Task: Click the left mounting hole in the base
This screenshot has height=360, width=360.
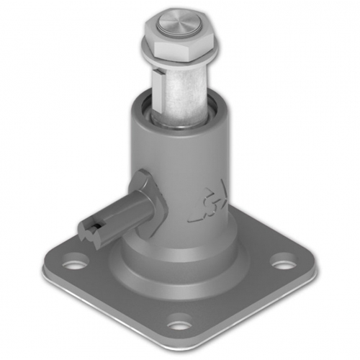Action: click(74, 263)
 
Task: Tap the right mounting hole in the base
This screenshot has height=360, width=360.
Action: click(283, 263)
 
